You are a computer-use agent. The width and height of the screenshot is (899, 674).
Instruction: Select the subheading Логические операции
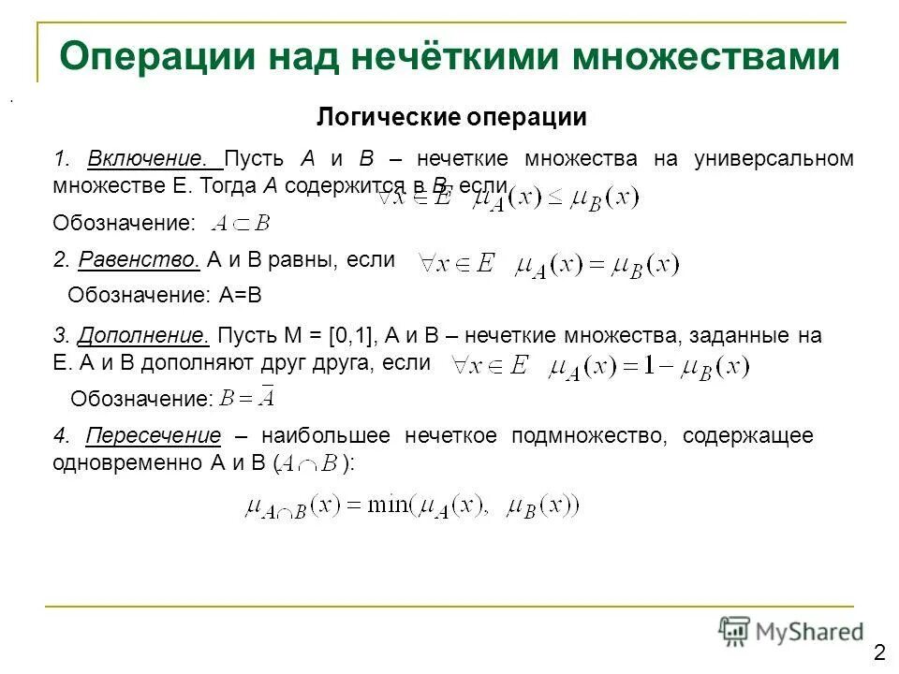(451, 118)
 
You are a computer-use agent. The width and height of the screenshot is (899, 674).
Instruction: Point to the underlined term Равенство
(140, 259)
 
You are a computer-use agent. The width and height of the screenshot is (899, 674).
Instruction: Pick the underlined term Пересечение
(154, 436)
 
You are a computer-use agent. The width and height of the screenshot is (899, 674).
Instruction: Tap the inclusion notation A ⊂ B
(241, 223)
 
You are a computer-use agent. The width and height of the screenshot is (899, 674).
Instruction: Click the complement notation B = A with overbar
(247, 398)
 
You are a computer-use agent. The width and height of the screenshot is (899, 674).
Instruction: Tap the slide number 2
(879, 652)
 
